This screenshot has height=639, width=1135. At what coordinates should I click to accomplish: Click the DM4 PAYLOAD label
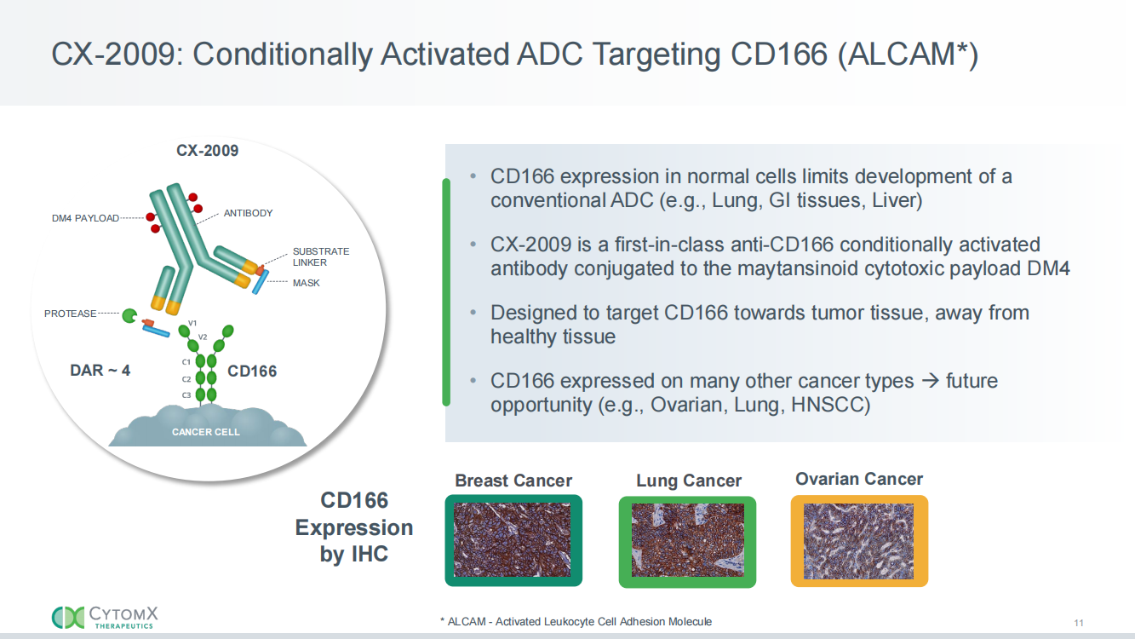[85, 218]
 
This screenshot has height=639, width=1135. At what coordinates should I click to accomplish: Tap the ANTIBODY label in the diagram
[249, 213]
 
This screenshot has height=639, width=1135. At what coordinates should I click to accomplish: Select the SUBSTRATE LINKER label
[321, 256]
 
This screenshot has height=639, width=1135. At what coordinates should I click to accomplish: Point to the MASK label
[306, 283]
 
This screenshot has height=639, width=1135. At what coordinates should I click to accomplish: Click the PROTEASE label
[70, 314]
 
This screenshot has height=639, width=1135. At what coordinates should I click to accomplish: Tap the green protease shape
[129, 316]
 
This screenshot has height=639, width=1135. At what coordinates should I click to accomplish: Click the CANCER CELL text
[206, 432]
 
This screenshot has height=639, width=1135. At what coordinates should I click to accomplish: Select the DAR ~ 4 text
[100, 371]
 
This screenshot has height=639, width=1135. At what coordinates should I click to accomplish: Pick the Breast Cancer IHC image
[513, 540]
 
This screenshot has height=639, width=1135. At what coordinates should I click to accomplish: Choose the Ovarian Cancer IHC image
[859, 541]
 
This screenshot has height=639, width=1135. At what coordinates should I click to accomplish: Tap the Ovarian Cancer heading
[859, 479]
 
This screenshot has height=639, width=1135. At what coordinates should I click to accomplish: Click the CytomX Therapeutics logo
[105, 618]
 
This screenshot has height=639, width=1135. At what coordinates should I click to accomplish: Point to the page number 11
[1079, 623]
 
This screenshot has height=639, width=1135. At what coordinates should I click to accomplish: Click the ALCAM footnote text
[576, 622]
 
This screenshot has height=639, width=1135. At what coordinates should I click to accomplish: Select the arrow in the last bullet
[931, 380]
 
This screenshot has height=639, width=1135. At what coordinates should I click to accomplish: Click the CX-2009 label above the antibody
[207, 151]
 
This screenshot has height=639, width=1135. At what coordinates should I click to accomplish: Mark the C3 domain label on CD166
[186, 395]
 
